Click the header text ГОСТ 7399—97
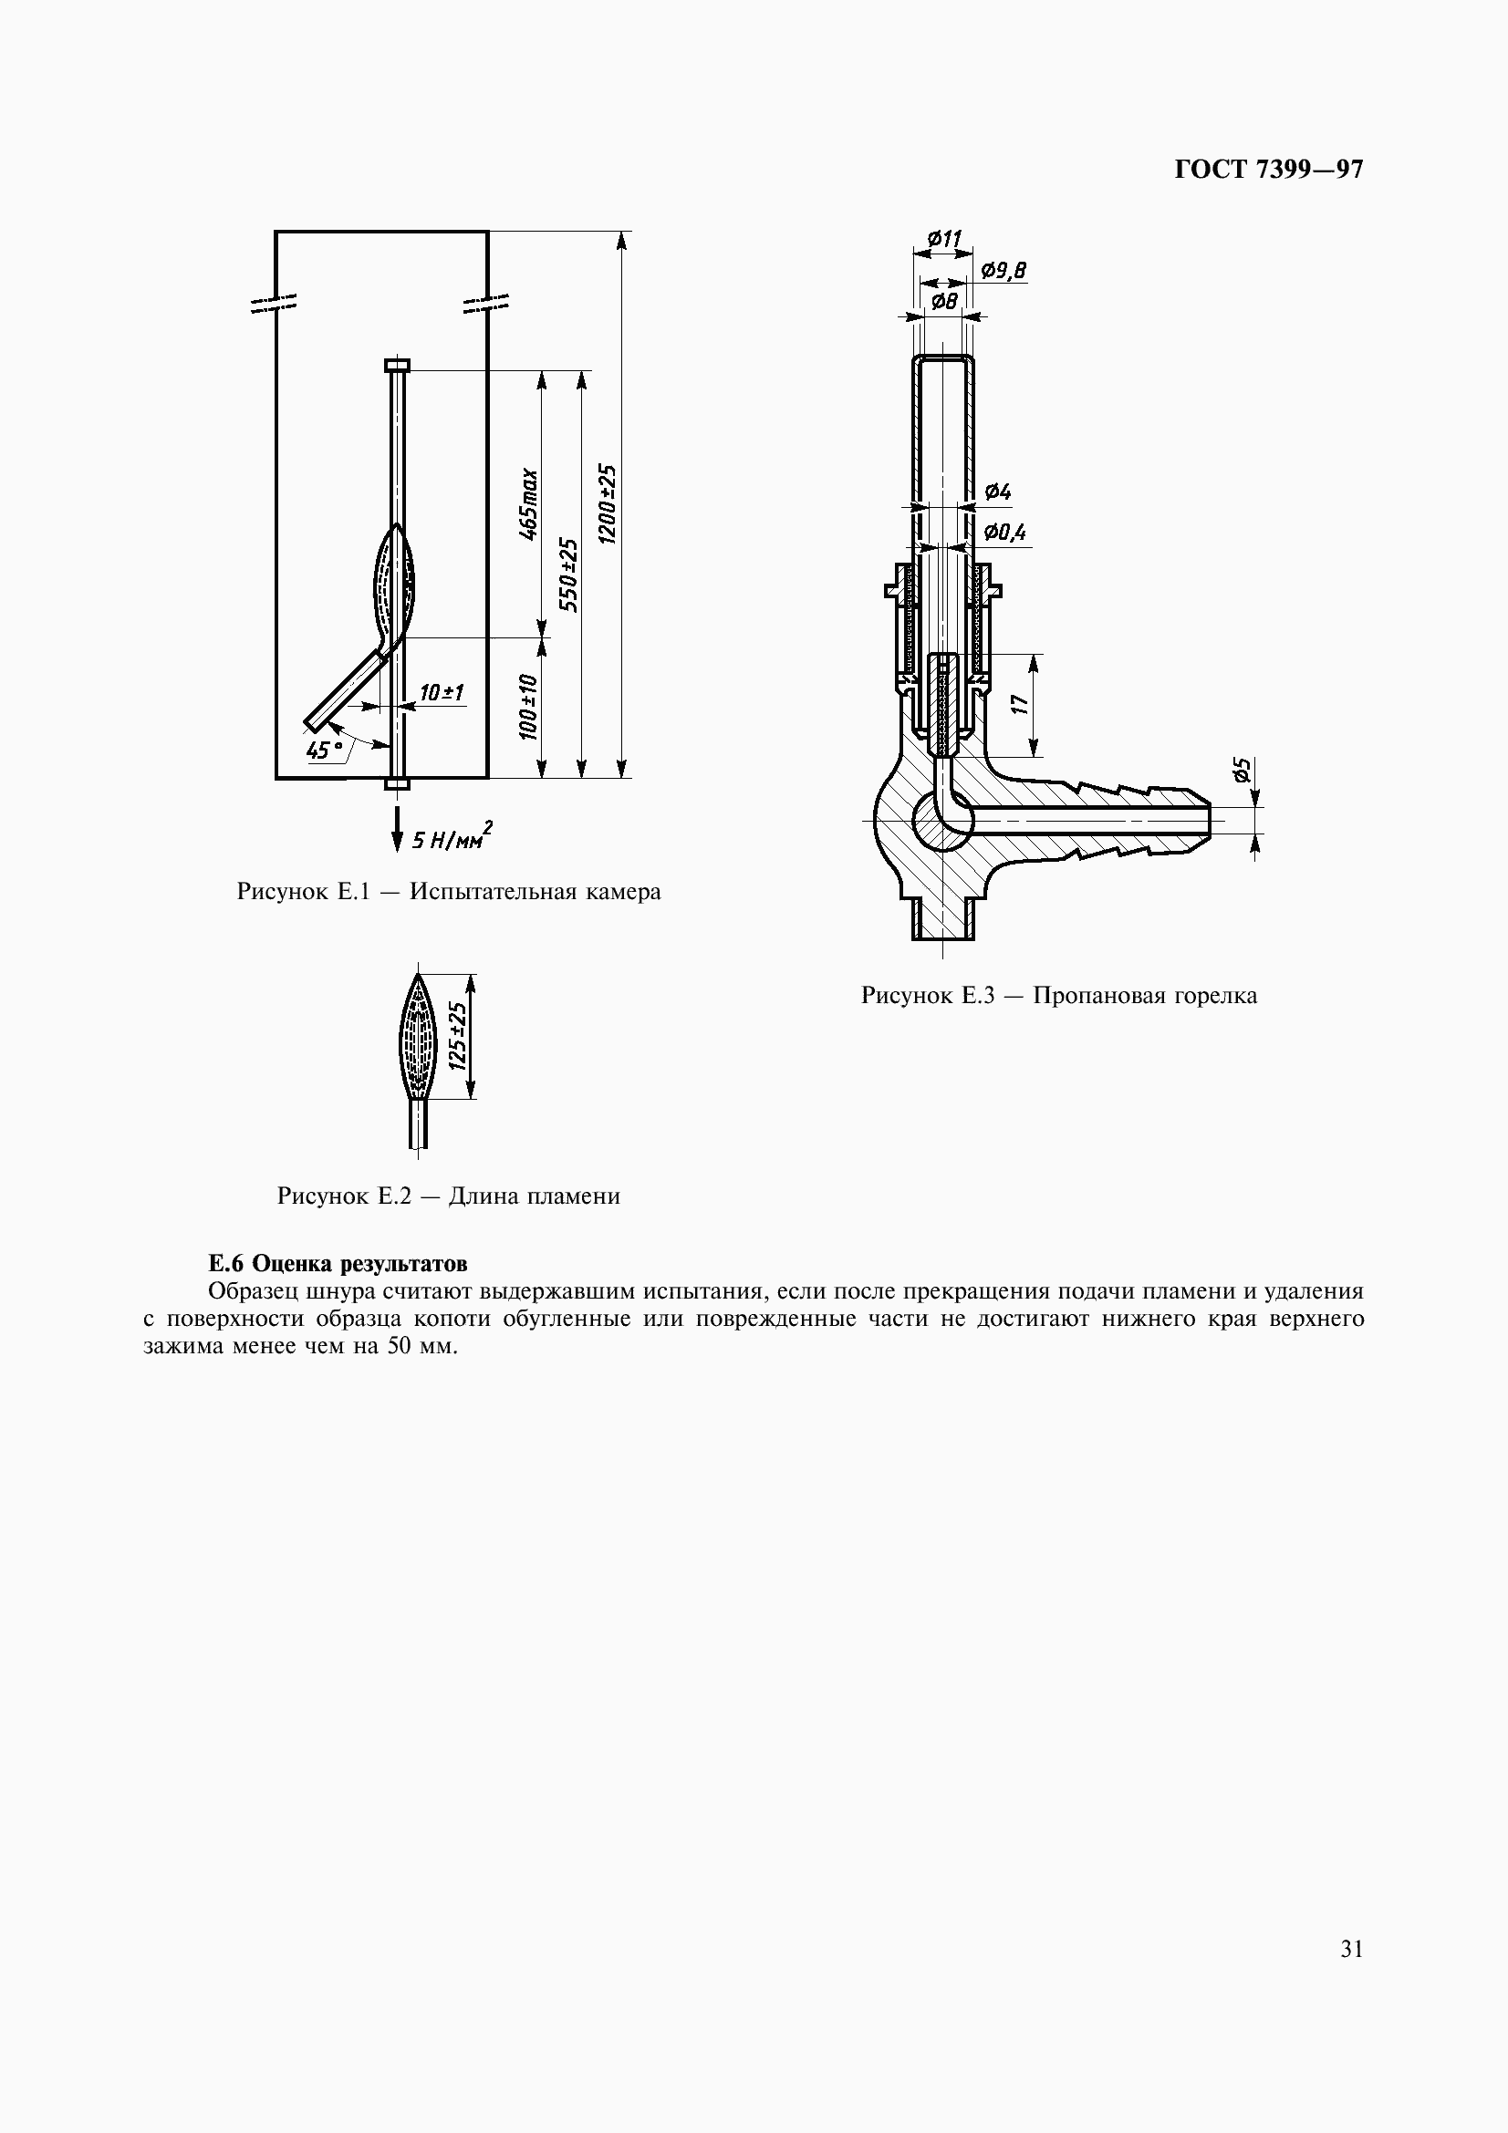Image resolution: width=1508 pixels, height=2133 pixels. (1267, 170)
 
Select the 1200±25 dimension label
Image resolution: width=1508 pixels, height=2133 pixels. (608, 505)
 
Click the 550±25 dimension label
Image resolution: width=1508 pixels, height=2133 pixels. (568, 575)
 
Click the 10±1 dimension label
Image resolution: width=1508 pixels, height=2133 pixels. (442, 693)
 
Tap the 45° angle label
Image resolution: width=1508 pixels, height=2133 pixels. (323, 750)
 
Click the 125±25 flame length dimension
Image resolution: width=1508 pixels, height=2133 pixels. (457, 1036)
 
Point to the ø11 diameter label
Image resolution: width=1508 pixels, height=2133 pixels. (944, 239)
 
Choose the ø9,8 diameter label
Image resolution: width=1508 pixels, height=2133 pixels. (1004, 270)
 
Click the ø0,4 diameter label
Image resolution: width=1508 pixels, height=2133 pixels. (1004, 533)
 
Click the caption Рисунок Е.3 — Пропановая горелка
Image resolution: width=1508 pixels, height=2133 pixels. (1058, 996)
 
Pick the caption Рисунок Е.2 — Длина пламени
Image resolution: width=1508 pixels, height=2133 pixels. (448, 1196)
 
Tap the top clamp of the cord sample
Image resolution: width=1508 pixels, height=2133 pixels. (397, 365)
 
